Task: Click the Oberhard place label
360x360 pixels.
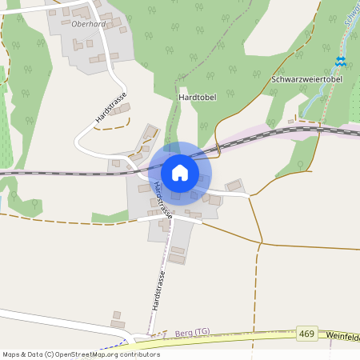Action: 89,24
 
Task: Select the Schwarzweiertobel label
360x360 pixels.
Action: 306,80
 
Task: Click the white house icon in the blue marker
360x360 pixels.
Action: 179,172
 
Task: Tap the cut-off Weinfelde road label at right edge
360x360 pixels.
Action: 344,337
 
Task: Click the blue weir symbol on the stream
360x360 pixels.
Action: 341,62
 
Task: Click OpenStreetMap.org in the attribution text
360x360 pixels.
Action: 83,354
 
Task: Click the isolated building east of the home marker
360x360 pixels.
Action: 234,186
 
